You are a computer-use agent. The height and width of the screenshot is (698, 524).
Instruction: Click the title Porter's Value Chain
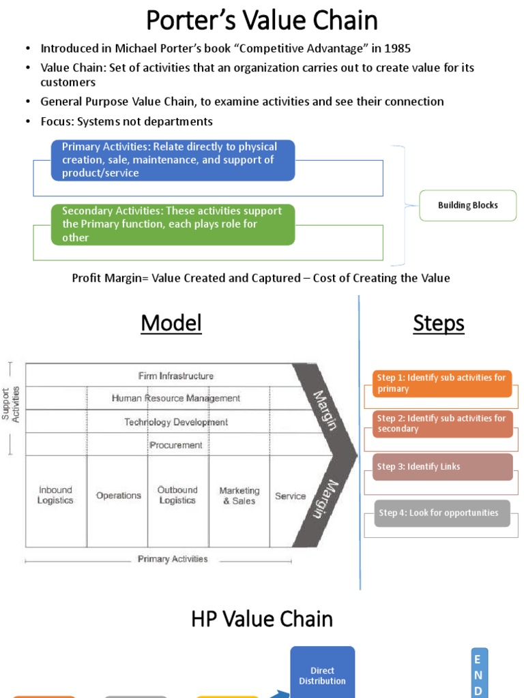tap(262, 20)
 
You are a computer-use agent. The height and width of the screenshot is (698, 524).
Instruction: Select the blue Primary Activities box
tap(173, 160)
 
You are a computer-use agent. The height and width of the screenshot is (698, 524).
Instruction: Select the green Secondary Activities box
tap(173, 224)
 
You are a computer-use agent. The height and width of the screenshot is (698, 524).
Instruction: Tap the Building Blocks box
tap(467, 205)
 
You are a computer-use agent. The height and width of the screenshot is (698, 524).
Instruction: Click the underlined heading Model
tap(171, 323)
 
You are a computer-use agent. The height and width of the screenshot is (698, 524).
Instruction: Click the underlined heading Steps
tap(439, 323)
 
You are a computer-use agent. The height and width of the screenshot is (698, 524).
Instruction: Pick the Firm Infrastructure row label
tap(175, 376)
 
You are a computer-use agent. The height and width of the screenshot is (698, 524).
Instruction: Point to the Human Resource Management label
tap(175, 398)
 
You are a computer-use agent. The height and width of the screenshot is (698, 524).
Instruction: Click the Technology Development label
tap(175, 422)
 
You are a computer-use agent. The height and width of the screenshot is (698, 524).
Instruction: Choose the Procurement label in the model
tap(175, 445)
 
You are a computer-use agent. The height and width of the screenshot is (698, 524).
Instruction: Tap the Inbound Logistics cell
tap(55, 495)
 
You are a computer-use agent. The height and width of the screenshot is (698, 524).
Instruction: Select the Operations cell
tap(118, 496)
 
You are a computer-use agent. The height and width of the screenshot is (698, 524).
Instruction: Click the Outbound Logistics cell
tap(177, 495)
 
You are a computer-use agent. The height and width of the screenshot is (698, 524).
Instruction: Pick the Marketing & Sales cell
tap(239, 496)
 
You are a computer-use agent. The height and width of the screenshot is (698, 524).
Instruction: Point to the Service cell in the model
tap(290, 496)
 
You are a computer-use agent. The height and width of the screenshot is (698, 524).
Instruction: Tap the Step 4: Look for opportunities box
tap(442, 513)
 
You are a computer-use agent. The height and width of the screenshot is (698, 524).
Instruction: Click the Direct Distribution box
tap(322, 676)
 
